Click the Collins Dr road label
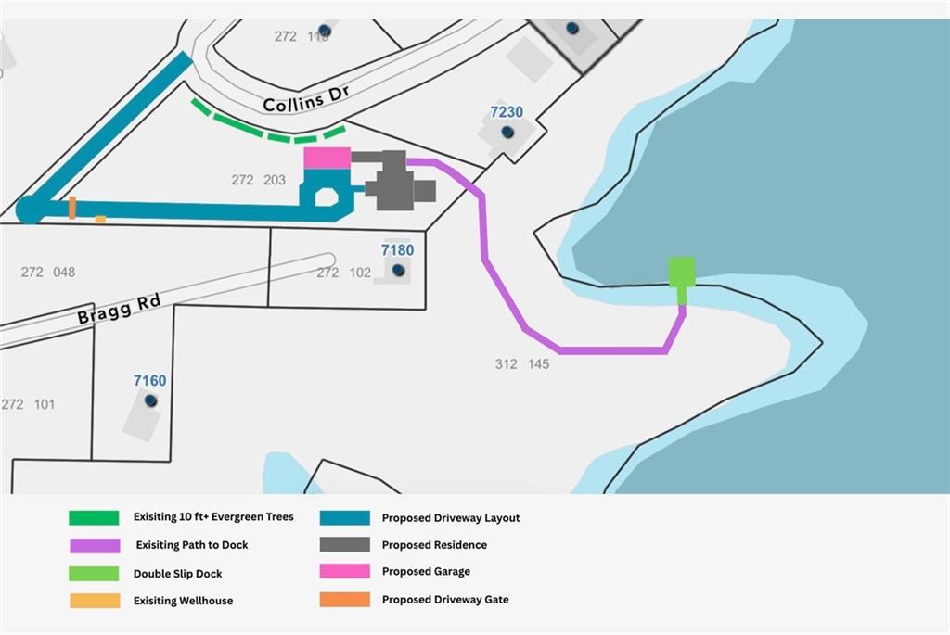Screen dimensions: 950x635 pyautogui.click(x=306, y=98)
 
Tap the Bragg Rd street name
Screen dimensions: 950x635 pyautogui.click(x=120, y=309)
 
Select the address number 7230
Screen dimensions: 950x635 pyautogui.click(x=507, y=112)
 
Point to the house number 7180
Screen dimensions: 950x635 pyautogui.click(x=397, y=250)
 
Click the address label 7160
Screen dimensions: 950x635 pyautogui.click(x=149, y=381)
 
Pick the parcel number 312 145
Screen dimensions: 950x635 pyautogui.click(x=522, y=364)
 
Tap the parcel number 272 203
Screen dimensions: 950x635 pyautogui.click(x=258, y=180)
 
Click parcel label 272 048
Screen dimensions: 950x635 pyautogui.click(x=48, y=273)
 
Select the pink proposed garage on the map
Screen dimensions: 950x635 pyautogui.click(x=327, y=158)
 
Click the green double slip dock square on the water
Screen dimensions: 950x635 pyautogui.click(x=682, y=272)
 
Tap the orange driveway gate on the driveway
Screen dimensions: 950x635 pyautogui.click(x=72, y=208)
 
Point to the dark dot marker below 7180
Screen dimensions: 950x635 pyautogui.click(x=398, y=270)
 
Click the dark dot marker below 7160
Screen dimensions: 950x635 pyautogui.click(x=151, y=400)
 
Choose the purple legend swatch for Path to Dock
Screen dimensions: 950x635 pyautogui.click(x=95, y=545)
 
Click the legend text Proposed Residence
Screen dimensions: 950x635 pyautogui.click(x=434, y=545)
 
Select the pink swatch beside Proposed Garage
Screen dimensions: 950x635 pyautogui.click(x=345, y=571)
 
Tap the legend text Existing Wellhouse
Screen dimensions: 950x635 pyautogui.click(x=183, y=601)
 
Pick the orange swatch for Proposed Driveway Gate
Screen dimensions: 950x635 pyautogui.click(x=345, y=599)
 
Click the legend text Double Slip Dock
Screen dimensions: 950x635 pyautogui.click(x=177, y=574)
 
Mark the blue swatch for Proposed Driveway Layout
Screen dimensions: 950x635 pyautogui.click(x=345, y=517)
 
